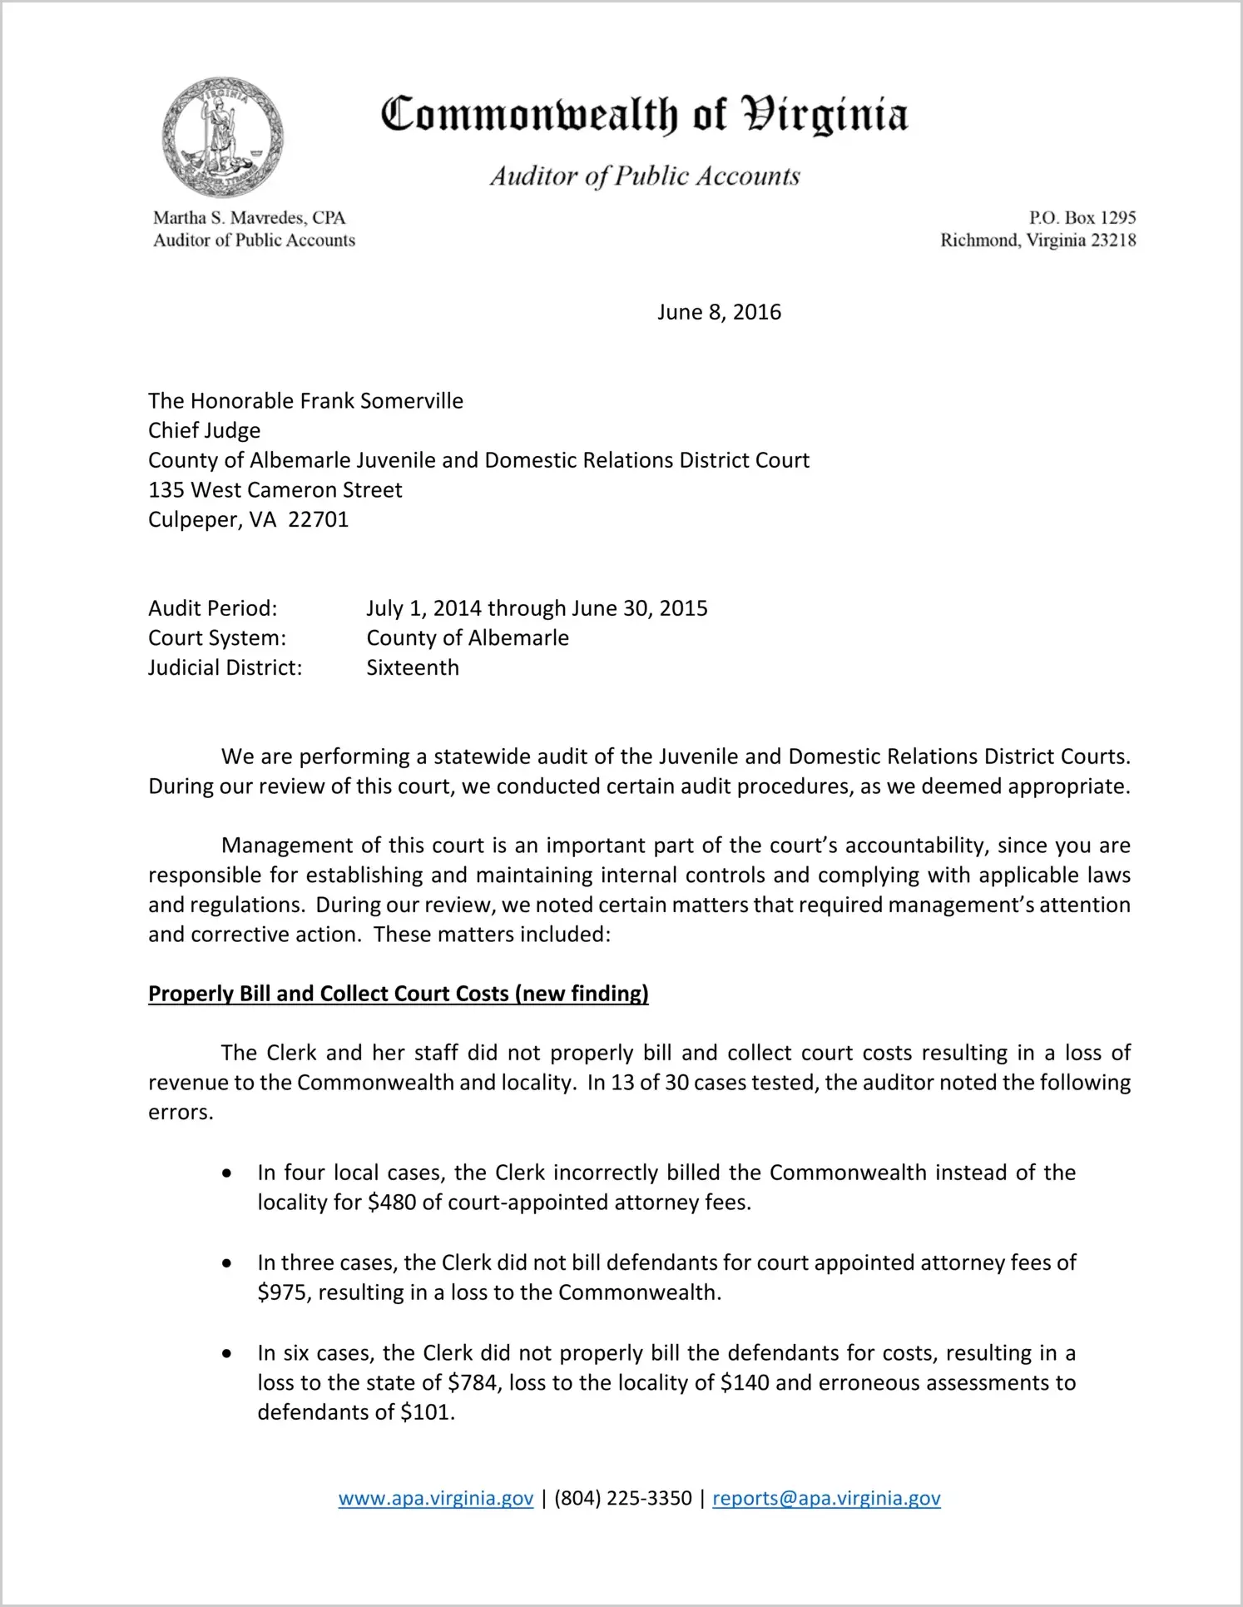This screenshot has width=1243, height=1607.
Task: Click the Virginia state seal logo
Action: tap(222, 137)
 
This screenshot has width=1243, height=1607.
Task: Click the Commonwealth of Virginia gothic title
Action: tap(644, 115)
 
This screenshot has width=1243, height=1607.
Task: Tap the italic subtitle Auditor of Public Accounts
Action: tap(644, 176)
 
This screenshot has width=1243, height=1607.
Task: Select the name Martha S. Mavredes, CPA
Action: tap(249, 218)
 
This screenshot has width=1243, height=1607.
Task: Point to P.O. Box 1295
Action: tap(1082, 218)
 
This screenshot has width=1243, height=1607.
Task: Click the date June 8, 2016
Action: tap(719, 312)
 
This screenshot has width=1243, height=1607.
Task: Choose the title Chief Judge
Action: tap(204, 430)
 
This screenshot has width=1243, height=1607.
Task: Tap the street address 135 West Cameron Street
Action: tap(275, 490)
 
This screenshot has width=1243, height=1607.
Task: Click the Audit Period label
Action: tap(212, 608)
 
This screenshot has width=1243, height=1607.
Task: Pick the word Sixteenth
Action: tap(413, 668)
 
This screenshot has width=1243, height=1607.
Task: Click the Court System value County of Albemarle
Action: tap(468, 638)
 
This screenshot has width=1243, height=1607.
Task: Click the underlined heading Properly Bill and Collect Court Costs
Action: tap(398, 994)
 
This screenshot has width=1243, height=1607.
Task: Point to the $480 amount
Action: tap(392, 1203)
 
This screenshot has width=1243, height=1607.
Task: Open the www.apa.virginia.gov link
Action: tap(435, 1498)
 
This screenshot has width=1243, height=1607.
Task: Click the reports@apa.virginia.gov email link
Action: tap(826, 1498)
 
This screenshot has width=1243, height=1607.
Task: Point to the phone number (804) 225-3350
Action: tap(622, 1498)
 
